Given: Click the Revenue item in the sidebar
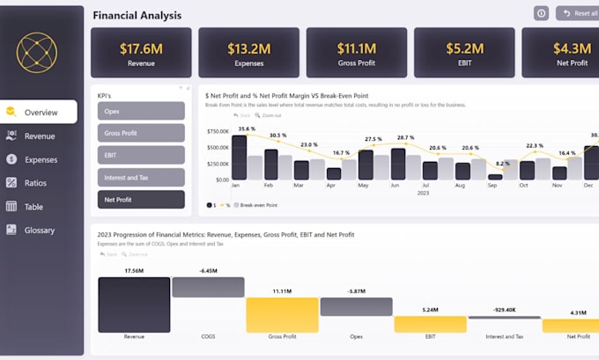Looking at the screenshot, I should coord(39,136).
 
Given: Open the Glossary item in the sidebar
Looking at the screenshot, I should coord(39,231).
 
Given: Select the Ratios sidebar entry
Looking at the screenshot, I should coord(35,183).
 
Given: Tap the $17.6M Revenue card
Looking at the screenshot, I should coord(141,53).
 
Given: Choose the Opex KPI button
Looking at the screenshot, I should coord(142,111).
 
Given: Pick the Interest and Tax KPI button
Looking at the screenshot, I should coord(142,178).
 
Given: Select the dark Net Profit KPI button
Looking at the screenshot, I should coord(142,200).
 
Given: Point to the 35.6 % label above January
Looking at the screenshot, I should coord(247,129).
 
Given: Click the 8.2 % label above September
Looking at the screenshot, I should coord(502,164).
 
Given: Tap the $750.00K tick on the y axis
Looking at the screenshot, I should coord(217,132).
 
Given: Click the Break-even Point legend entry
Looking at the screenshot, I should coord(256,204).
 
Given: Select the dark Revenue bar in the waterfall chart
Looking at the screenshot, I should coord(134,305).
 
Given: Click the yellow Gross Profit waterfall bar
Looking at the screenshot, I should coord(282,314).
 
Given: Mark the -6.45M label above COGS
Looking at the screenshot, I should coord(208,271).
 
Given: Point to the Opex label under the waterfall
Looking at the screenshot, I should coord(356,336).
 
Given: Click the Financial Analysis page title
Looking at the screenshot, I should coord(137,15).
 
